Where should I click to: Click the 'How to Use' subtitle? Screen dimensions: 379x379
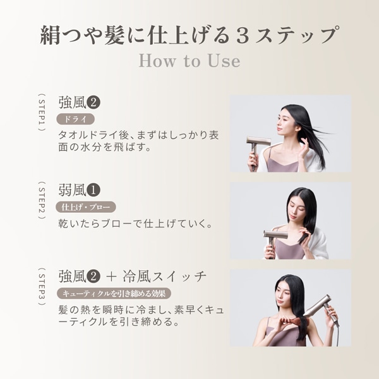189,61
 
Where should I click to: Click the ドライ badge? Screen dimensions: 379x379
75,119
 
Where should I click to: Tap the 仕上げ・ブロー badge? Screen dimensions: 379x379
87,207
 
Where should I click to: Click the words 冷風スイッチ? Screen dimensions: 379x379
164,277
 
